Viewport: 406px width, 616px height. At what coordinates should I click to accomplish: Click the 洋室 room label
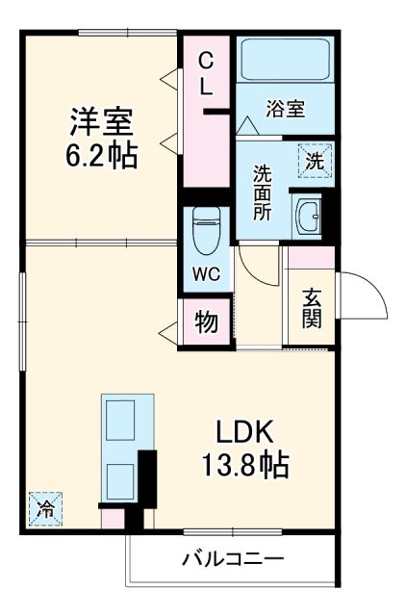[x=100, y=122]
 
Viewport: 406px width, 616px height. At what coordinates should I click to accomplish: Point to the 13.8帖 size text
[x=244, y=467]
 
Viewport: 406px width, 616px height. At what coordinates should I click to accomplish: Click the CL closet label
[x=206, y=73]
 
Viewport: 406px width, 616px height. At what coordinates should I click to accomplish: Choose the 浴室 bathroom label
[x=286, y=109]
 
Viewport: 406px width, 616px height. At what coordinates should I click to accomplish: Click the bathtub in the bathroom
[x=286, y=61]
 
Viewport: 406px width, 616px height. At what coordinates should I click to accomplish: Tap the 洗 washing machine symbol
[x=314, y=161]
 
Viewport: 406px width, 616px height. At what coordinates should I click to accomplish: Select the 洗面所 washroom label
[x=262, y=192]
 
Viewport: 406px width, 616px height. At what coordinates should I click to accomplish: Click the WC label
[x=206, y=272]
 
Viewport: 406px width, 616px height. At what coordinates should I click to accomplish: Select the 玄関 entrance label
[x=312, y=308]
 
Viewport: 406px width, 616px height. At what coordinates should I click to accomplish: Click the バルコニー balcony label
[x=233, y=559]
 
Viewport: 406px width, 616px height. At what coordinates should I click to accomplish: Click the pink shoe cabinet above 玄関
[x=311, y=257]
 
